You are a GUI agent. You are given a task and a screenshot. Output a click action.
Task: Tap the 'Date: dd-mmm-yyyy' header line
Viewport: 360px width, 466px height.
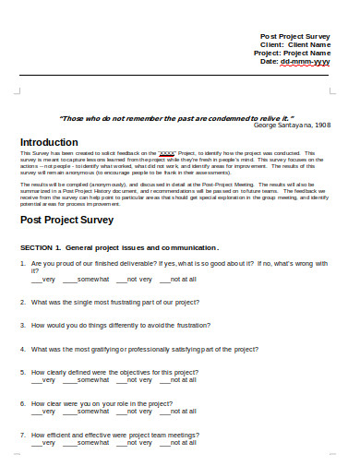click(x=297, y=61)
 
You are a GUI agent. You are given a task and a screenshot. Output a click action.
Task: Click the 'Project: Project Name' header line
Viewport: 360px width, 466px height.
click(x=292, y=53)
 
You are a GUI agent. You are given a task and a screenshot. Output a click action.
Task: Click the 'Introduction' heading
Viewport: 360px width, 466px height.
click(x=49, y=142)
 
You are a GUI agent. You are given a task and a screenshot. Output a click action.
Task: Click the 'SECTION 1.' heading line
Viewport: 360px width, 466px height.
click(x=119, y=247)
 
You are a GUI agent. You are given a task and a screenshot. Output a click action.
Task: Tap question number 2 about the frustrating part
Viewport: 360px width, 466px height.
click(x=115, y=302)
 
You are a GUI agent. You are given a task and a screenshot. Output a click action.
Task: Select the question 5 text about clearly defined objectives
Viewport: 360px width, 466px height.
click(x=114, y=372)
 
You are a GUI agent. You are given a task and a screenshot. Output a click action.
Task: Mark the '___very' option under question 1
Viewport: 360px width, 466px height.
click(x=43, y=278)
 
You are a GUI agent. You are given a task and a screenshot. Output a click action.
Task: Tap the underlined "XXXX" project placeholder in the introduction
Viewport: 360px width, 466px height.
click(x=167, y=153)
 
